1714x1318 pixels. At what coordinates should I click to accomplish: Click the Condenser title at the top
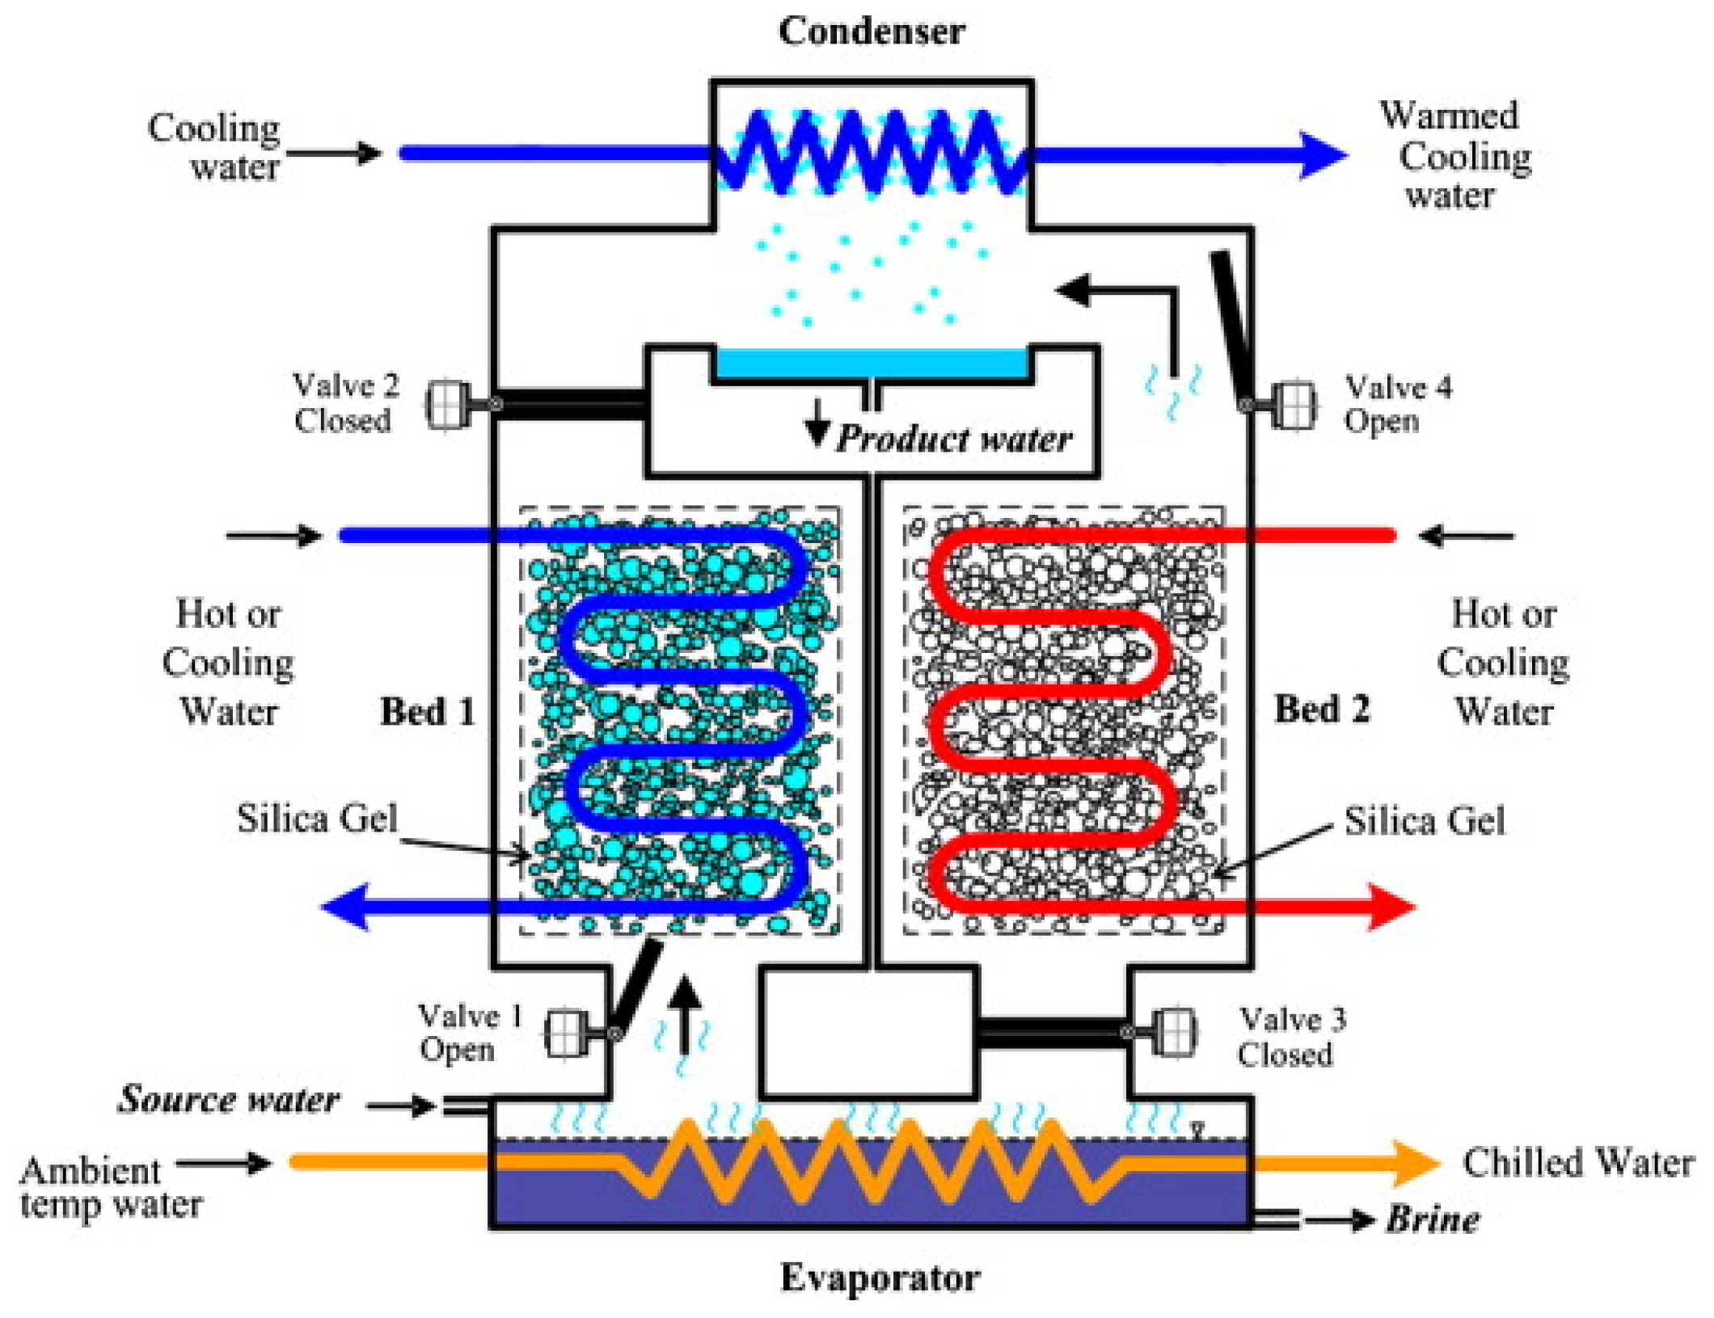coord(871,32)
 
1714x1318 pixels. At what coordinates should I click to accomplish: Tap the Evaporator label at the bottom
coord(880,1278)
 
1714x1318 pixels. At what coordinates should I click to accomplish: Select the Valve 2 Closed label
coord(345,402)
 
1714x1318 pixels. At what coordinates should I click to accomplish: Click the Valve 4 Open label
coord(1397,404)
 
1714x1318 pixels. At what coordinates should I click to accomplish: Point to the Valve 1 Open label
coord(469,1032)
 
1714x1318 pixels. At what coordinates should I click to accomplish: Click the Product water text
coord(954,439)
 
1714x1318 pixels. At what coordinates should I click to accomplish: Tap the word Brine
coord(1433,1219)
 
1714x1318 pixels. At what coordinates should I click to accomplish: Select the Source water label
coord(229,1099)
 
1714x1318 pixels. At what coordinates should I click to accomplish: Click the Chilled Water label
coord(1577,1163)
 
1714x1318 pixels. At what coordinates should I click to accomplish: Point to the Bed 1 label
coord(428,711)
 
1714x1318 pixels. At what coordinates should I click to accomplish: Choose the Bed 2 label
coord(1322,709)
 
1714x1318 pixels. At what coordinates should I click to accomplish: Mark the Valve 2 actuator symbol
coord(447,403)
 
